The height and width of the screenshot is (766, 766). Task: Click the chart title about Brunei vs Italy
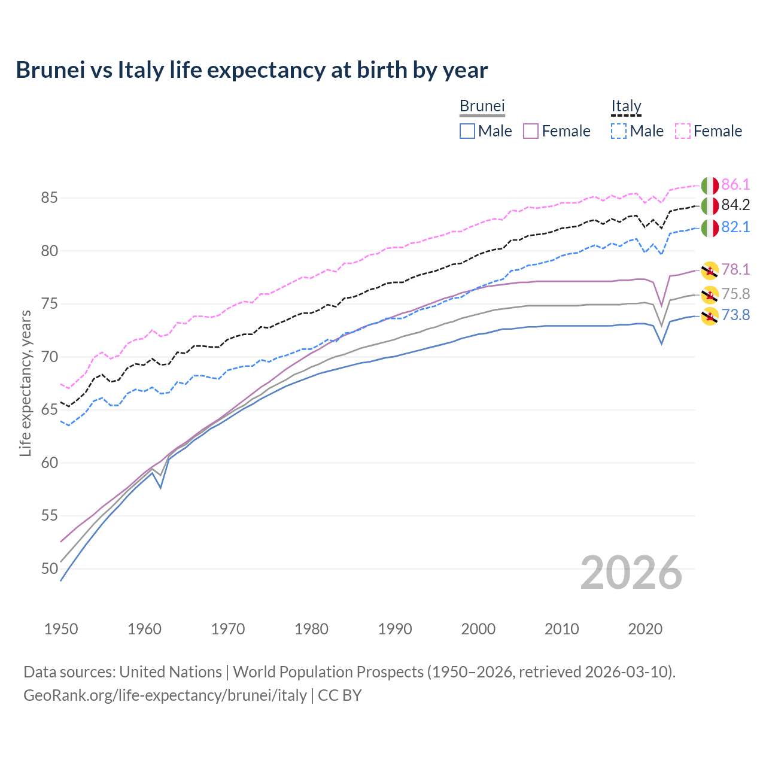[x=251, y=70]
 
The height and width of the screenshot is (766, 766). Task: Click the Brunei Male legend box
[x=467, y=131]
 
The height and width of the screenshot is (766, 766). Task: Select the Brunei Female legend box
[x=531, y=131]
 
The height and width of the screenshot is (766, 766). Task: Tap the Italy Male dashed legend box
[x=619, y=131]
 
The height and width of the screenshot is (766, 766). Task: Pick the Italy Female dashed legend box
[x=683, y=131]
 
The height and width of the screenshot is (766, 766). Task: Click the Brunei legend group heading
[x=482, y=107]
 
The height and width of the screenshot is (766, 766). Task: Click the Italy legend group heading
[x=626, y=107]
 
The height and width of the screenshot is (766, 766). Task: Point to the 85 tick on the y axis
[x=49, y=197]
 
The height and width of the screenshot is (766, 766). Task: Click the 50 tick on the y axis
[x=49, y=569]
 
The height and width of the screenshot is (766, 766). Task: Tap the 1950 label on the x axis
[x=61, y=629]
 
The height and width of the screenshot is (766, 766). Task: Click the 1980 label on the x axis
[x=311, y=629]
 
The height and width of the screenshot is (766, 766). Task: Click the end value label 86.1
[x=735, y=184]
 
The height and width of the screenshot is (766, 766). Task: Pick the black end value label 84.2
[x=735, y=205]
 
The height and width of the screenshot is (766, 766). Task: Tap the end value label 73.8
[x=735, y=315]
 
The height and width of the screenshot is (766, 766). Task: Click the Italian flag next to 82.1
[x=710, y=227]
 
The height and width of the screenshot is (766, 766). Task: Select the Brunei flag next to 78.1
[x=710, y=270]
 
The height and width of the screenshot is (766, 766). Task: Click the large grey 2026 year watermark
[x=631, y=573]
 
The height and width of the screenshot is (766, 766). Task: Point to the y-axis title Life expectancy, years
[x=25, y=383]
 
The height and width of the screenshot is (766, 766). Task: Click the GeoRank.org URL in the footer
[x=165, y=695]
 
